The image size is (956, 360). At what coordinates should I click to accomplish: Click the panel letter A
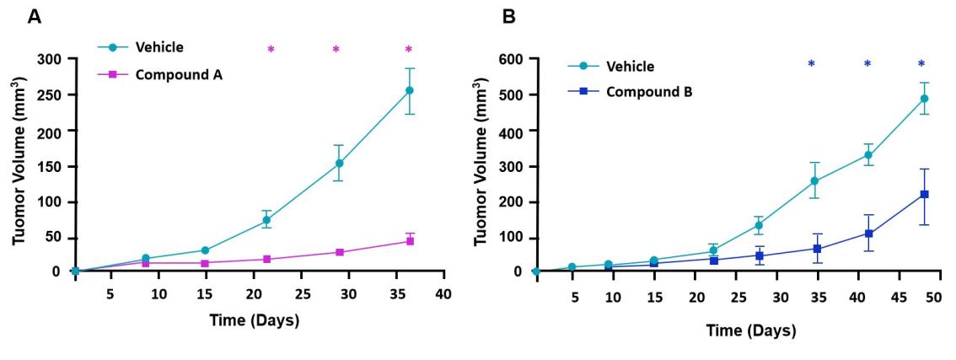(x=35, y=16)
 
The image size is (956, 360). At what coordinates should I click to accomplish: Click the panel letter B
(x=508, y=16)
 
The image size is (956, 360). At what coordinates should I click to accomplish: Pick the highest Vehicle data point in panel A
(x=410, y=90)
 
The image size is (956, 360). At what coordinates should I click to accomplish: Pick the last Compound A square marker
(x=410, y=241)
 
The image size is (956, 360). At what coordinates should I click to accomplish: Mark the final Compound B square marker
(x=924, y=195)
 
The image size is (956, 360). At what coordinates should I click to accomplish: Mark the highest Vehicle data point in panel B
(x=924, y=99)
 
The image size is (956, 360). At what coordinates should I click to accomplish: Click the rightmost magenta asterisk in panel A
(x=409, y=50)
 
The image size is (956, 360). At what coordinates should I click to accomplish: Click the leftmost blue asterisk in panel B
(x=811, y=64)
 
